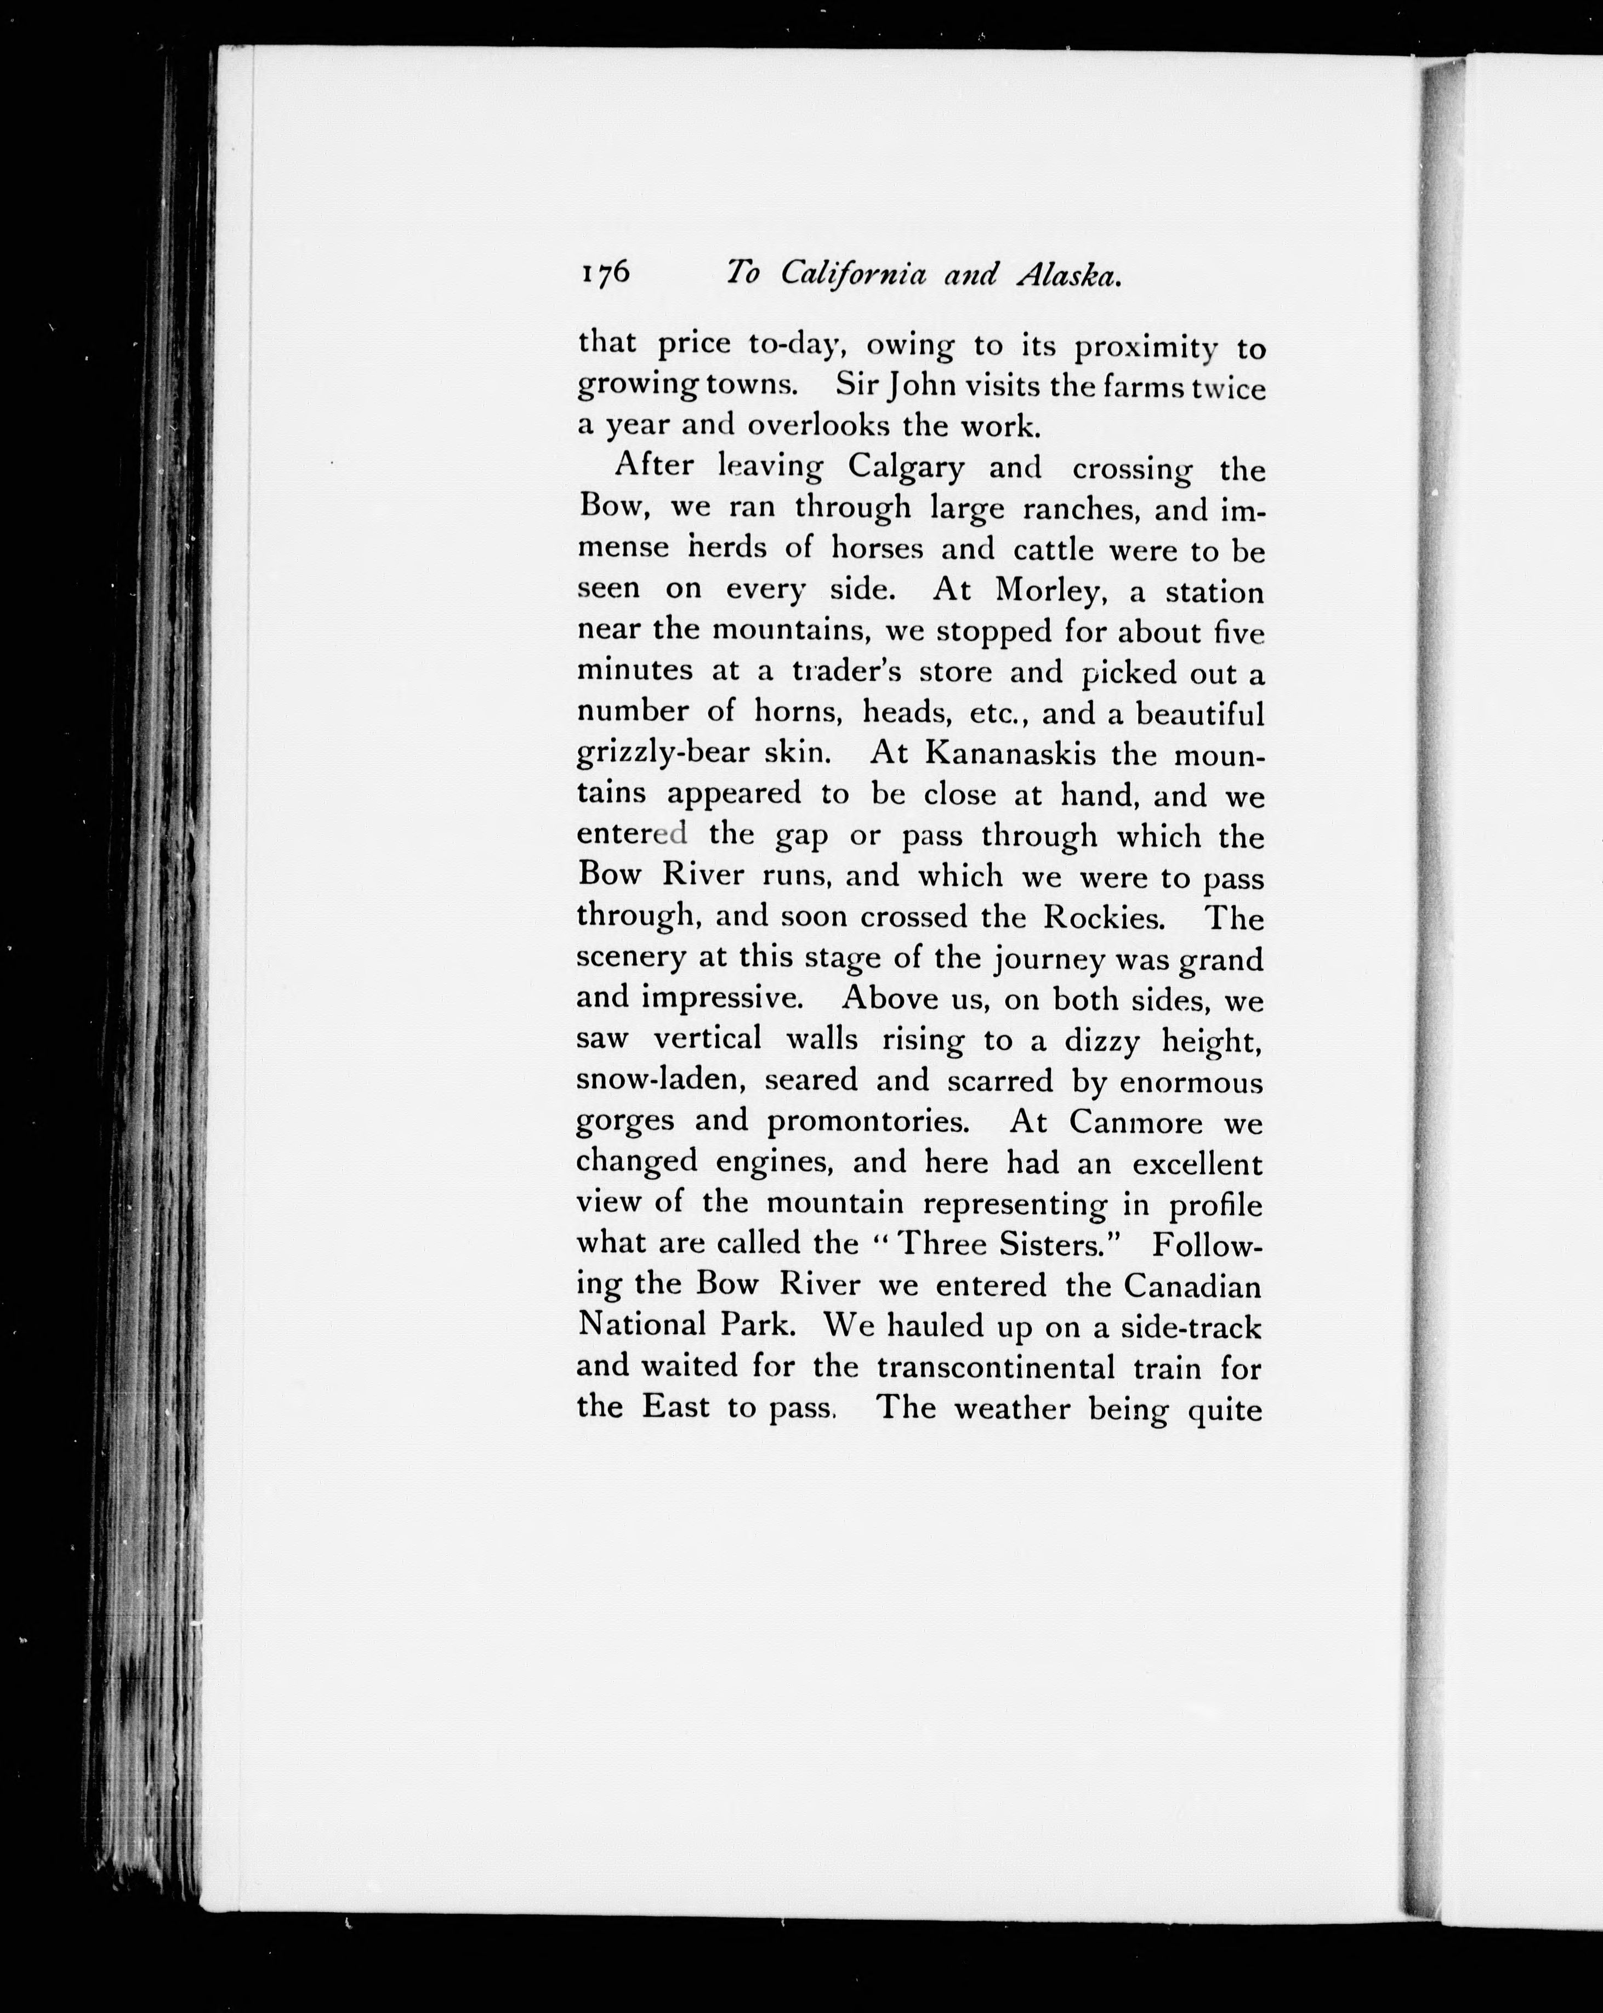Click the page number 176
(606, 272)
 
